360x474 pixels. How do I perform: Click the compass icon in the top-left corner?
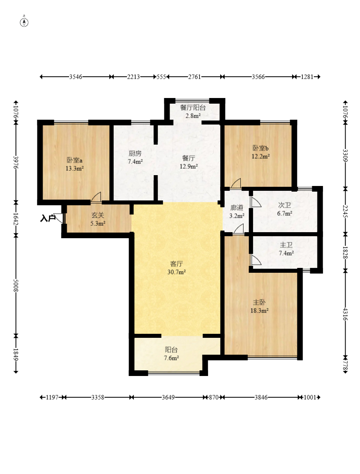[24, 22]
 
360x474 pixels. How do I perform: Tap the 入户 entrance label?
[47, 218]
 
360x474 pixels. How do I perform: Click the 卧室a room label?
[75, 160]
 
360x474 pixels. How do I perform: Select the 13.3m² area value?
[75, 168]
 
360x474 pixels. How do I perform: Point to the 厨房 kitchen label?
[135, 153]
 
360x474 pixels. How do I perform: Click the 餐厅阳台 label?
[193, 107]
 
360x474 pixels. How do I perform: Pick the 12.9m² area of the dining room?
[188, 166]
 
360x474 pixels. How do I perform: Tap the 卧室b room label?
[260, 148]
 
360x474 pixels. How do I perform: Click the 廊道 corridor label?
[237, 208]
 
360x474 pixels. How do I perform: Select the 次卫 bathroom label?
[284, 205]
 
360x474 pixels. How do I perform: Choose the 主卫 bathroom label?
[286, 245]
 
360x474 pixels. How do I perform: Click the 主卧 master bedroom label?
[259, 302]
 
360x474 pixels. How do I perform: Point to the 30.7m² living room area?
[176, 272]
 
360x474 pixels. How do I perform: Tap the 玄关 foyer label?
[98, 215]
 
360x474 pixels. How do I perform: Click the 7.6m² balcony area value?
[172, 358]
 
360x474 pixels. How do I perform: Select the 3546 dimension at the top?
[76, 77]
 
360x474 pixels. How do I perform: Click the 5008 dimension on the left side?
[16, 285]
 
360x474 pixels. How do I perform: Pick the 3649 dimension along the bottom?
[168, 397]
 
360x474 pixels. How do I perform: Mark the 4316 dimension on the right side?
[346, 315]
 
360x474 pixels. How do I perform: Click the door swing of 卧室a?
[96, 197]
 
